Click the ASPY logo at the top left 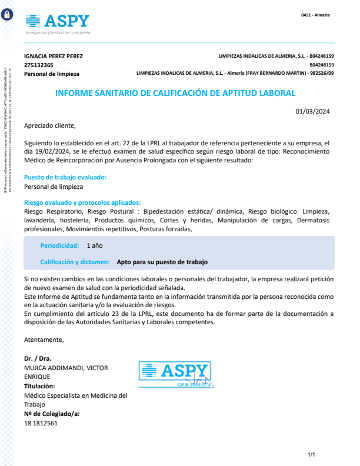(57, 22)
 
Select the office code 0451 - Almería (315, 15)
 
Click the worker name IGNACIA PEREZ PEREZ (54, 56)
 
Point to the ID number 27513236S (39, 65)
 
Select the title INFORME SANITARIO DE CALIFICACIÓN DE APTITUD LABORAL (175, 93)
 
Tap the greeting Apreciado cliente (50, 125)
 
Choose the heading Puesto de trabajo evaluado (65, 177)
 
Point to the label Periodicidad (59, 245)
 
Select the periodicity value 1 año (95, 245)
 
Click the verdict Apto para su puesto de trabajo (162, 262)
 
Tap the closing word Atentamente (44, 340)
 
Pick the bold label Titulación (39, 386)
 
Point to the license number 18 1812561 (41, 423)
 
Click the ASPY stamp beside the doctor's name (175, 373)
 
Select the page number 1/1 (312, 455)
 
